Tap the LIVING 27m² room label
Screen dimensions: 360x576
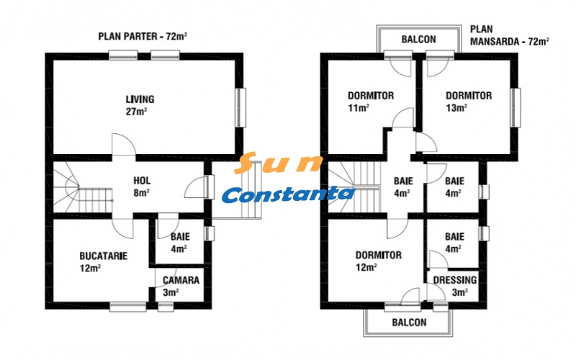(140, 105)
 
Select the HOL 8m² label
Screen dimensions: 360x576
(142, 186)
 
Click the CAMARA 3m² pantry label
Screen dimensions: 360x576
(181, 286)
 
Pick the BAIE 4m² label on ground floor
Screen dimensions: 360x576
(179, 243)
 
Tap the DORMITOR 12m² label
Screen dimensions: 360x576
(378, 261)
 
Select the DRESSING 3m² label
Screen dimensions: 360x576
(454, 286)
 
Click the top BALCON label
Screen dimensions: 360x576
(418, 40)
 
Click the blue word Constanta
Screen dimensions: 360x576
(288, 194)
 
